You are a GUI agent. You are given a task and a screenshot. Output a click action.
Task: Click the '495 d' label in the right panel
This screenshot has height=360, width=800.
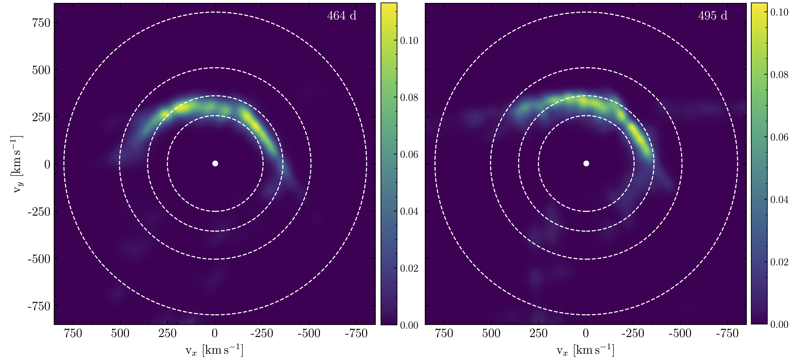pyautogui.click(x=713, y=16)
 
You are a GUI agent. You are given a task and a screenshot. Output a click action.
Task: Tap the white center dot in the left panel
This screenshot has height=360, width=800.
pyautogui.click(x=215, y=163)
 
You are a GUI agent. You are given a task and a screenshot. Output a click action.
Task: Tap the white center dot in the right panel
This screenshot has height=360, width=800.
pyautogui.click(x=586, y=163)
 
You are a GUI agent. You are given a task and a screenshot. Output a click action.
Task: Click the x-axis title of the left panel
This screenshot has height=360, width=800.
pyautogui.click(x=214, y=350)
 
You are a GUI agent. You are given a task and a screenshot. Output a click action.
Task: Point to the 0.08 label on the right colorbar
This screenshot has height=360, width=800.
pyautogui.click(x=779, y=75)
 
